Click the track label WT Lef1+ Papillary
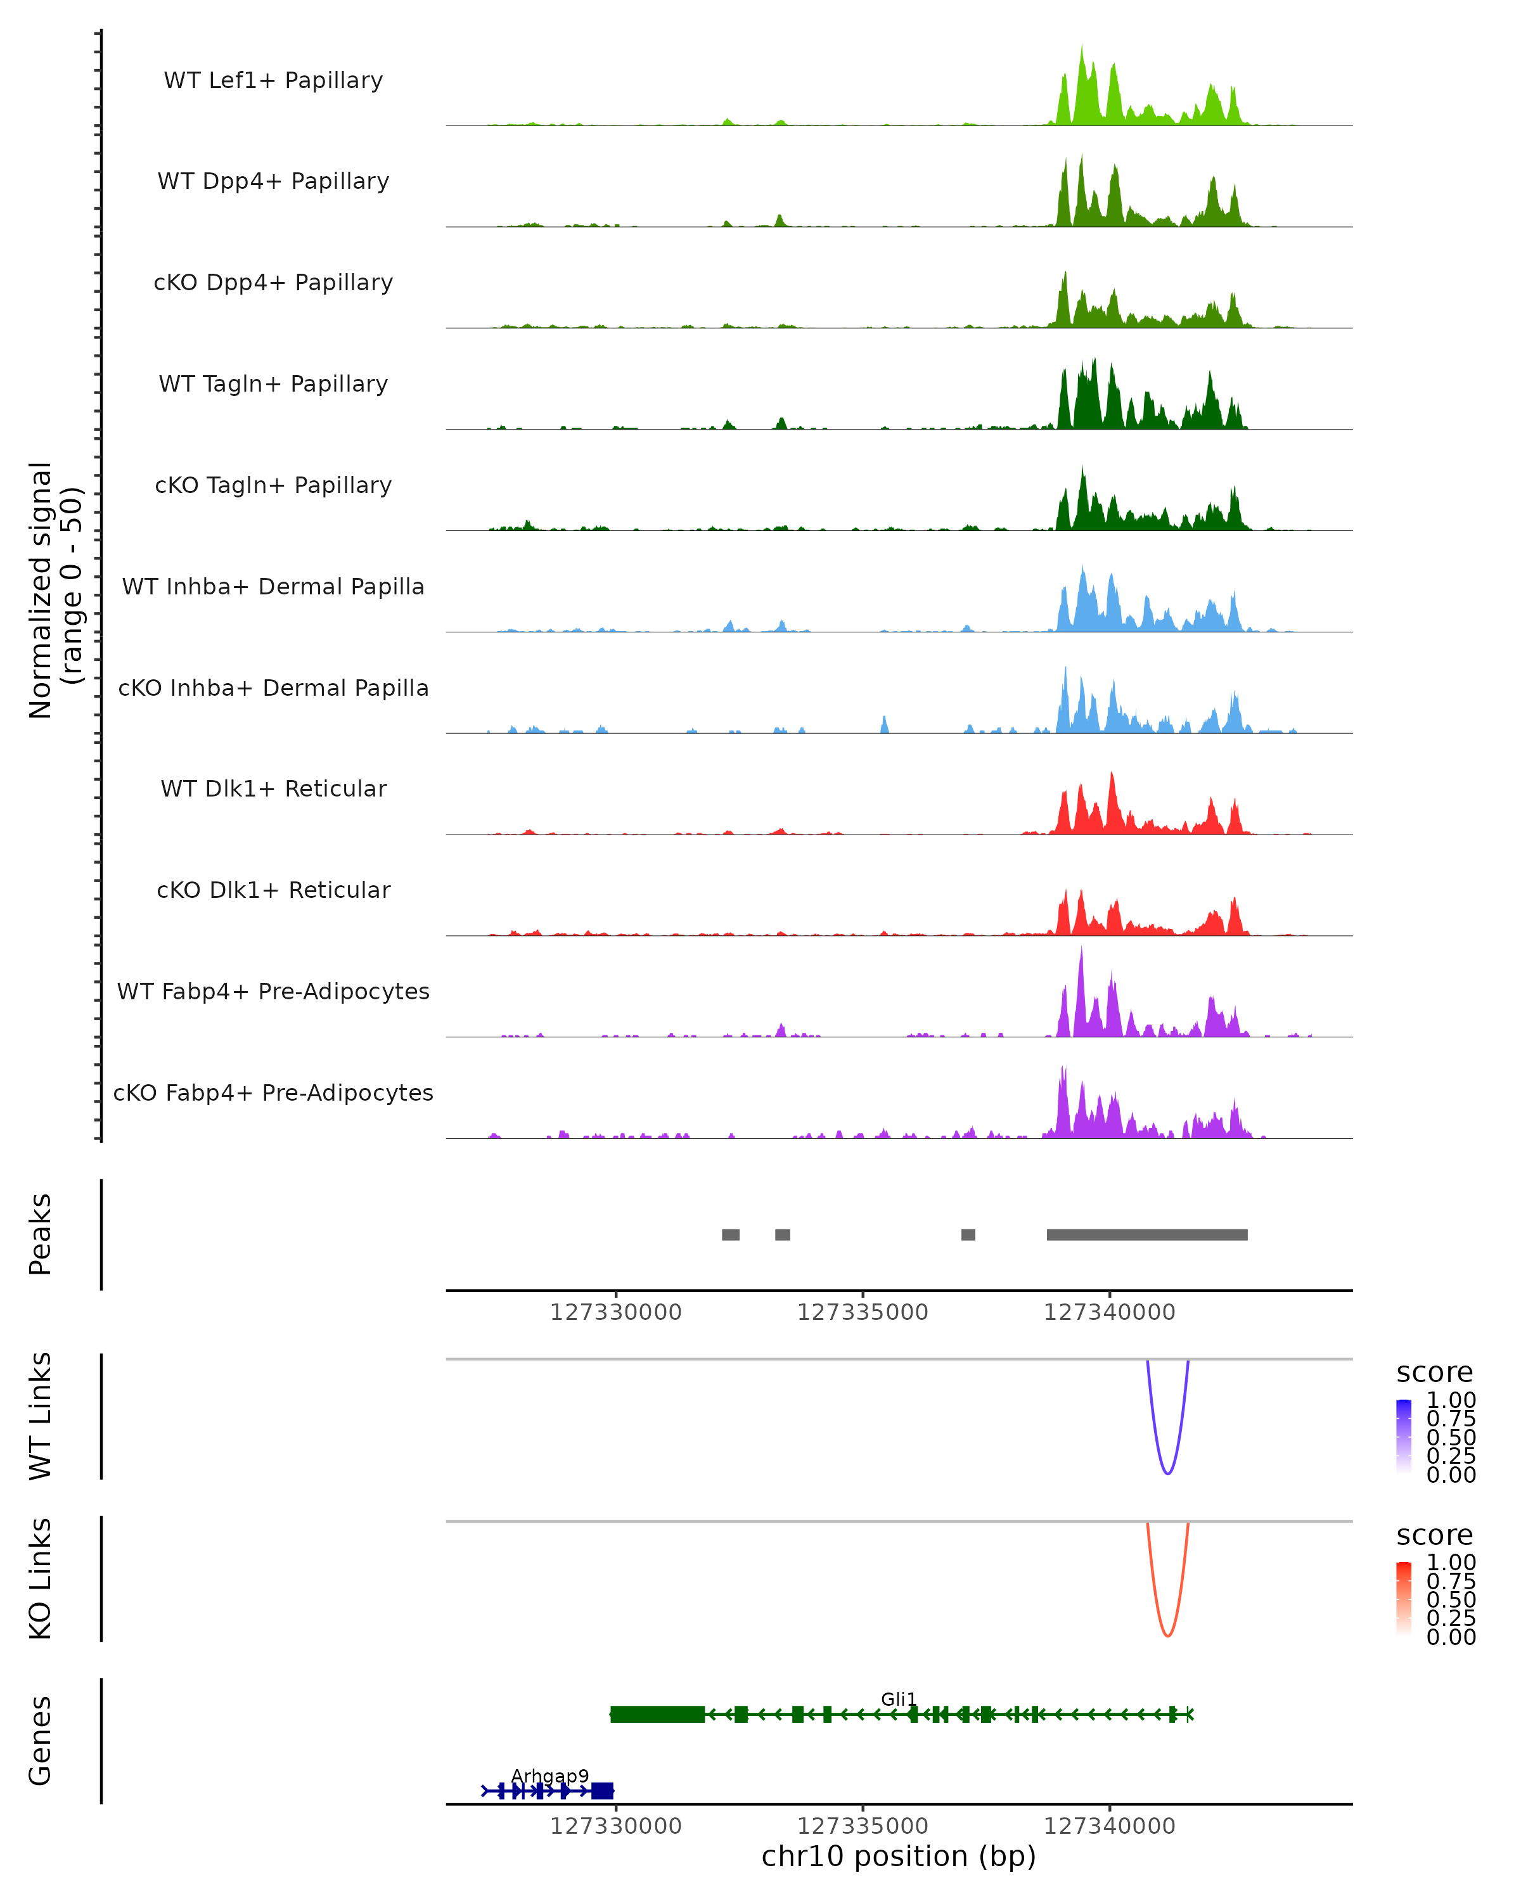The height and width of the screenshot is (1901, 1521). [x=273, y=80]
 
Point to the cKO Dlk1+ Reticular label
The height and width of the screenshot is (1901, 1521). [x=273, y=890]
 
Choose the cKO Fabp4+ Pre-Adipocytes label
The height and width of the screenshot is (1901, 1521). [x=273, y=1092]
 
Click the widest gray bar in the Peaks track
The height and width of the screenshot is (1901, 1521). [x=1146, y=1234]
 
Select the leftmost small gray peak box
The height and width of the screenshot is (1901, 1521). [x=730, y=1234]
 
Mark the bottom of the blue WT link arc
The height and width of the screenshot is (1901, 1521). [x=1167, y=1473]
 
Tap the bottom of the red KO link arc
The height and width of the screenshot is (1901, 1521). [x=1167, y=1635]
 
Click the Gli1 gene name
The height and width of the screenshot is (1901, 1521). [x=899, y=1699]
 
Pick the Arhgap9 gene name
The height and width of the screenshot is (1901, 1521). [x=549, y=1776]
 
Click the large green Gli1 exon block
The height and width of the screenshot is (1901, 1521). [x=657, y=1714]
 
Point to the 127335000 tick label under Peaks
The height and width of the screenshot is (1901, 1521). [x=863, y=1312]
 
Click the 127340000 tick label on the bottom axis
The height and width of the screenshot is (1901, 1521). [x=1109, y=1826]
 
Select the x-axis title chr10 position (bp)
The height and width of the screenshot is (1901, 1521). [x=899, y=1856]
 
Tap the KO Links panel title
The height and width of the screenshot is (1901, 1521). [x=41, y=1578]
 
